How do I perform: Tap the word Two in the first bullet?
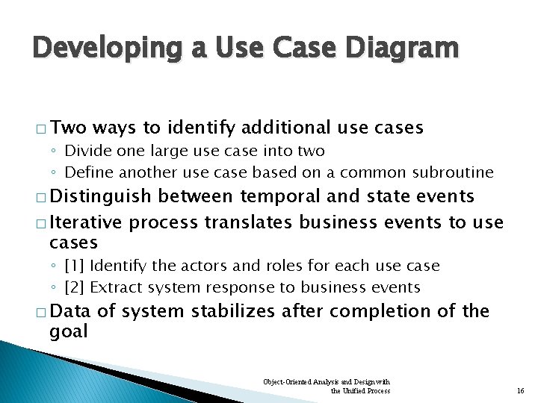69,128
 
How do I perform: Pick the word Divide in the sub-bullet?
88,151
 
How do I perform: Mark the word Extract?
116,287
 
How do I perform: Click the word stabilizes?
223,310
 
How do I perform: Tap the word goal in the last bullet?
68,330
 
